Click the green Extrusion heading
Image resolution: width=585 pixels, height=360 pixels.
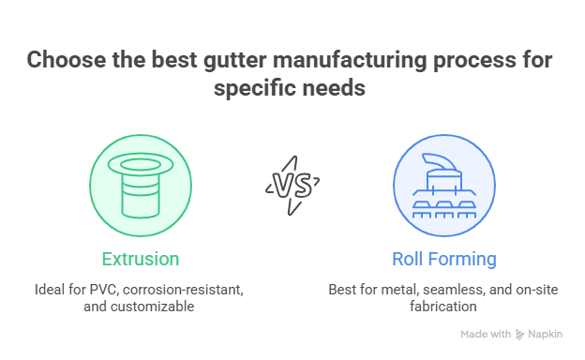(140, 258)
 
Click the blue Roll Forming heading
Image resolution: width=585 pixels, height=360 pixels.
(443, 258)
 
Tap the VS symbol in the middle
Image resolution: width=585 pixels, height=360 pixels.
(292, 180)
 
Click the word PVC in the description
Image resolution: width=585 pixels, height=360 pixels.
(100, 290)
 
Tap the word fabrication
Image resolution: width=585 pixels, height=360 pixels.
(443, 306)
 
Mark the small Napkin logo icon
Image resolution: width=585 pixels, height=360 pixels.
(519, 335)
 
